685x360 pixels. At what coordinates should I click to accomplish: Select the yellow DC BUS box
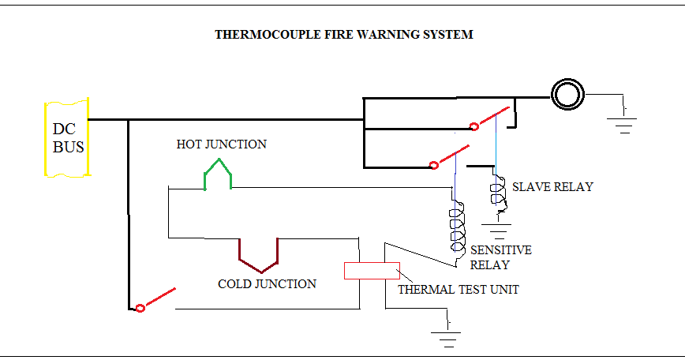coord(66,138)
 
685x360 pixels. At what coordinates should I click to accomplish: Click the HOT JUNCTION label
coord(221,144)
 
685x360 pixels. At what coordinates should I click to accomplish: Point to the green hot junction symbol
coord(218,174)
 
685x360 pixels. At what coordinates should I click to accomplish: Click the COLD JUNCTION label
coord(267,283)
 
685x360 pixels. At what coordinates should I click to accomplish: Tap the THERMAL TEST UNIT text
coord(458,289)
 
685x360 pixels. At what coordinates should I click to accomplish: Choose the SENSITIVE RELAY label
coord(500,257)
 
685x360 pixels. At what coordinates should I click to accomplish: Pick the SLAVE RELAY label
coord(552,187)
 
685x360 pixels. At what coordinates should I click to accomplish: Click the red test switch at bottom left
coord(156,300)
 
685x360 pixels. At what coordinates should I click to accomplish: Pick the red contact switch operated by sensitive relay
coord(451,157)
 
